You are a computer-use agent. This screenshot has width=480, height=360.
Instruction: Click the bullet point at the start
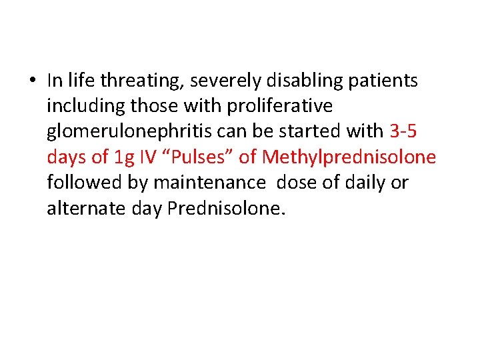tap(33, 82)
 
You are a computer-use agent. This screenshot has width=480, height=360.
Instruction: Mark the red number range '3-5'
tap(403, 132)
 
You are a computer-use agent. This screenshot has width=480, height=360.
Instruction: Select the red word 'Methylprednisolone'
tap(349, 157)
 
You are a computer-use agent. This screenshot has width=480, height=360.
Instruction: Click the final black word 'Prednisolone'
tap(225, 208)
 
